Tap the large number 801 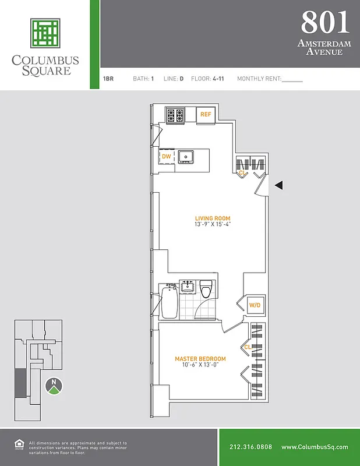pyautogui.click(x=325, y=23)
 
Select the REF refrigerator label pyautogui.click(x=205, y=115)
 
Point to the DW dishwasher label pyautogui.click(x=166, y=156)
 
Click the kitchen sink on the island pyautogui.click(x=186, y=156)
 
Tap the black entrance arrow pyautogui.click(x=278, y=185)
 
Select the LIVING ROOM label pyautogui.click(x=213, y=219)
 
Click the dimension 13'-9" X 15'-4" pyautogui.click(x=213, y=226)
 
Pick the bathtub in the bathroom pyautogui.click(x=169, y=301)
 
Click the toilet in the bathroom pyautogui.click(x=206, y=290)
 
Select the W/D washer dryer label pyautogui.click(x=255, y=305)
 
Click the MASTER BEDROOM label pyautogui.click(x=200, y=359)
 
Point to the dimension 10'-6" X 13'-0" pyautogui.click(x=200, y=366)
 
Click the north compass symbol pyautogui.click(x=54, y=385)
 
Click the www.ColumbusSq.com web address pyautogui.click(x=315, y=447)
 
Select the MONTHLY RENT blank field pyautogui.click(x=292, y=78)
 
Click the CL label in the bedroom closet pyautogui.click(x=247, y=347)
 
